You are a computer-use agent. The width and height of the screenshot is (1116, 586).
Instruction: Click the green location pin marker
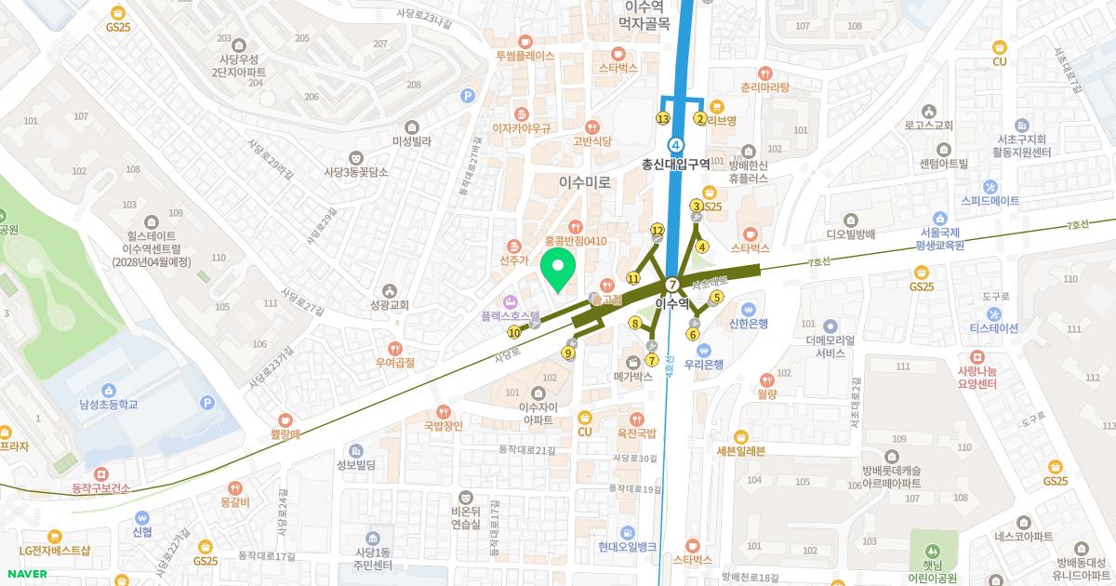click(x=558, y=270)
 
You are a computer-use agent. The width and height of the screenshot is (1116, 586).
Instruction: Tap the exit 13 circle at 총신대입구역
click(x=663, y=119)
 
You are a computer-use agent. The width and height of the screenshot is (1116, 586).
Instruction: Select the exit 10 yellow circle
click(x=514, y=332)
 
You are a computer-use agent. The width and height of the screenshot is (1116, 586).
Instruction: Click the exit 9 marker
click(x=569, y=353)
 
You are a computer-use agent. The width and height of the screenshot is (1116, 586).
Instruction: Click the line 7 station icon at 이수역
click(x=672, y=284)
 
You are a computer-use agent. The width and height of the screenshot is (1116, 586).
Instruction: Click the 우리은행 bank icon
click(x=691, y=349)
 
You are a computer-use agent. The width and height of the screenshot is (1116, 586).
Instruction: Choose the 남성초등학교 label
click(x=109, y=405)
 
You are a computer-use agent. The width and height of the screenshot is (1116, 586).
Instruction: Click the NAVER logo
click(x=25, y=574)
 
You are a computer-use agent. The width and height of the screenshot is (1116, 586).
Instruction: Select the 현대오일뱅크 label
click(x=628, y=546)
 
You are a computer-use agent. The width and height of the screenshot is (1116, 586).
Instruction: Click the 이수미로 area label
click(x=586, y=183)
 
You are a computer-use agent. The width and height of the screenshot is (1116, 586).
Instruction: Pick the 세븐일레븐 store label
click(x=740, y=451)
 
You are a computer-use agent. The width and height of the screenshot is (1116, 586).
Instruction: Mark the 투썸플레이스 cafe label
click(x=525, y=56)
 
